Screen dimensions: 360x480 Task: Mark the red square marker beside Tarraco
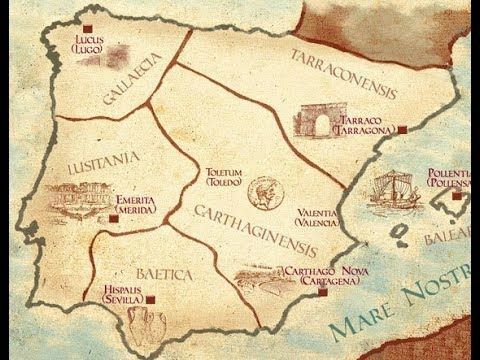point(401,129)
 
